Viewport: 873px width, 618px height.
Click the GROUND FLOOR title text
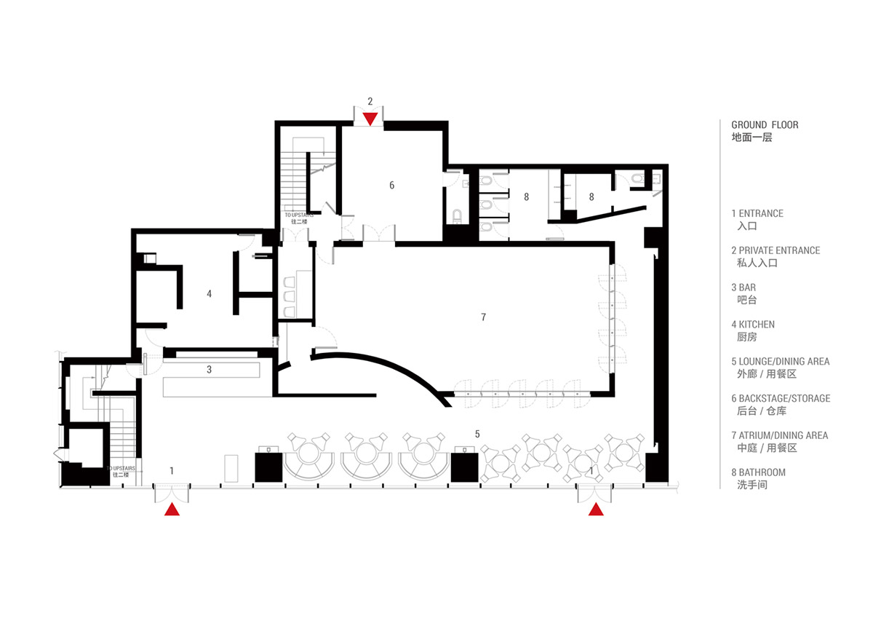point(765,124)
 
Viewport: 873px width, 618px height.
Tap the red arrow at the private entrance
point(370,119)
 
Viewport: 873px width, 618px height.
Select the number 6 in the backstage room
point(391,185)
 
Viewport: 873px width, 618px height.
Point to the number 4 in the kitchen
point(210,293)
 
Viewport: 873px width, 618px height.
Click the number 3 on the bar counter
point(210,369)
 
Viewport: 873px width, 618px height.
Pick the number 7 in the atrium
point(483,317)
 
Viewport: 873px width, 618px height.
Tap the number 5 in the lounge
point(477,434)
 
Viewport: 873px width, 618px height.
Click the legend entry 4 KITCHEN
point(753,325)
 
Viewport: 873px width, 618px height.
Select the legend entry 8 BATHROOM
point(758,472)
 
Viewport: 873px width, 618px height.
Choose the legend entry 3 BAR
point(744,288)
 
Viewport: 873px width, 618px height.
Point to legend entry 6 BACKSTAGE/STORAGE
point(781,398)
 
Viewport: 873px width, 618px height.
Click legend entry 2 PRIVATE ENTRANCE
point(776,250)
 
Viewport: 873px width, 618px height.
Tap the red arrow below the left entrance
point(172,510)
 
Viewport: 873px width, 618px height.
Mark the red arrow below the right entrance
point(596,510)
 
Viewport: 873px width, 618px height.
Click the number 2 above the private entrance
point(370,101)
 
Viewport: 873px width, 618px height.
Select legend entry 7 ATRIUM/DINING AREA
point(779,435)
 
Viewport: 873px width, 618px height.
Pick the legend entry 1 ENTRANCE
point(757,213)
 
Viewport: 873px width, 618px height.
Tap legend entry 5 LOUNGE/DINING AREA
point(780,362)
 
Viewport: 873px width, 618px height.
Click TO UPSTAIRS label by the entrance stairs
point(121,468)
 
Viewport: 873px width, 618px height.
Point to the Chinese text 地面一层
point(752,138)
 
